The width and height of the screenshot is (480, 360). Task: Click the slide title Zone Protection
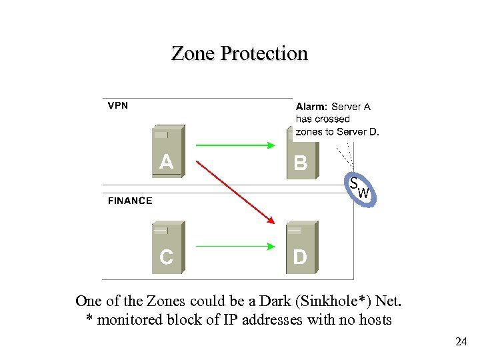pos(239,53)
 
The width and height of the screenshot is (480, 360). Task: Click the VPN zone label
pos(118,105)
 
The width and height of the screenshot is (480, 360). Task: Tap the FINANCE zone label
pos(130,201)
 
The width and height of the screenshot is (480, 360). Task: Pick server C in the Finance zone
pos(167,247)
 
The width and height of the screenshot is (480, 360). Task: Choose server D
pos(301,247)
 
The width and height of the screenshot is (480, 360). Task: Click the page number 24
pos(460,342)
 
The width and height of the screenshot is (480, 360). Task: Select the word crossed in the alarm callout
pos(333,119)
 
